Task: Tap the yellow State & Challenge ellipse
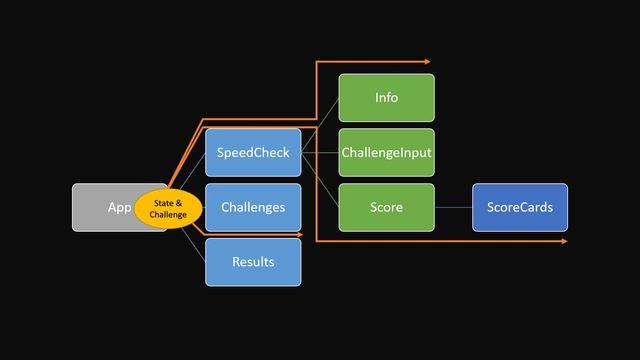168,208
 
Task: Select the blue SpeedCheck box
253,153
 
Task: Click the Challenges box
253,207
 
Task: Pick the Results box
253,262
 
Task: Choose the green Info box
386,98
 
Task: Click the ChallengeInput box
386,153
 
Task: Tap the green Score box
386,207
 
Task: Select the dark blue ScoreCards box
519,207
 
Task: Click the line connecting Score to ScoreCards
453,207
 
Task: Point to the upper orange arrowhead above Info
426,62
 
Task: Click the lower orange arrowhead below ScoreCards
563,241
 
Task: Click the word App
119,208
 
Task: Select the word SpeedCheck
253,153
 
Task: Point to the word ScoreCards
519,207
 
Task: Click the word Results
253,262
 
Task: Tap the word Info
386,98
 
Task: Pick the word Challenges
253,207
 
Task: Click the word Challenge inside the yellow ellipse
168,214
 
